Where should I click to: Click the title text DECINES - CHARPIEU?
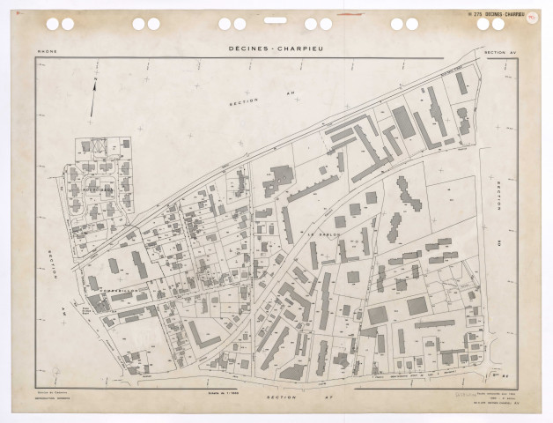pos(276,50)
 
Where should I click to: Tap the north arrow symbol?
pos(92,98)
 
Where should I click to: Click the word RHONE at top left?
pos(48,53)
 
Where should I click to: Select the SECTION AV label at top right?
pos(502,53)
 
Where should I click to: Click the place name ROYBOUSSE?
pos(94,188)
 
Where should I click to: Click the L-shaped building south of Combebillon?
pos(204,335)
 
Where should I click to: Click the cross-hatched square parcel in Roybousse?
pos(98,147)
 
